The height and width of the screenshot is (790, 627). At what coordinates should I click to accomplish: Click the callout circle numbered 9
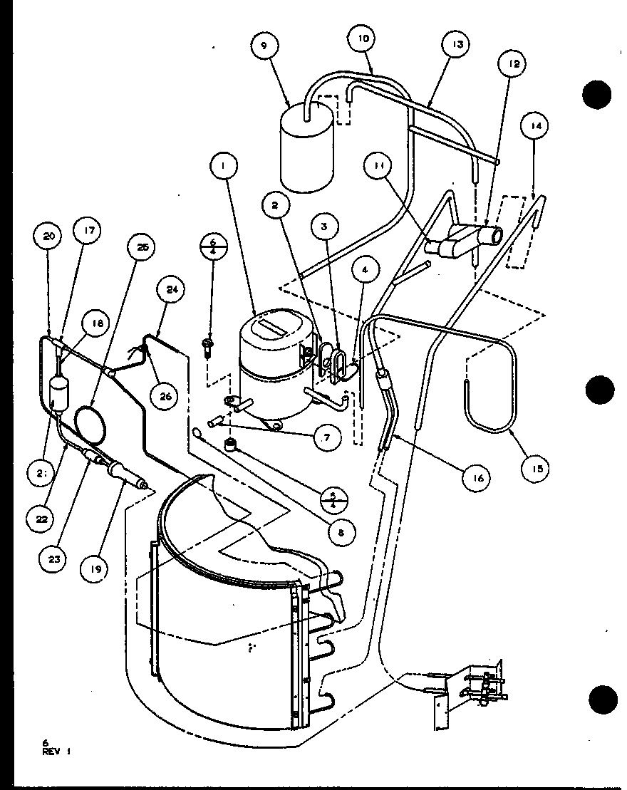pyautogui.click(x=264, y=46)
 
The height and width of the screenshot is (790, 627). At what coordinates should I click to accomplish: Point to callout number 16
pyautogui.click(x=477, y=478)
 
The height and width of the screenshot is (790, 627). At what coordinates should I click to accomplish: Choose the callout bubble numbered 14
pyautogui.click(x=535, y=126)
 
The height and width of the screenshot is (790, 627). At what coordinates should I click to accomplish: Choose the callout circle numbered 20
pyautogui.click(x=49, y=236)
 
